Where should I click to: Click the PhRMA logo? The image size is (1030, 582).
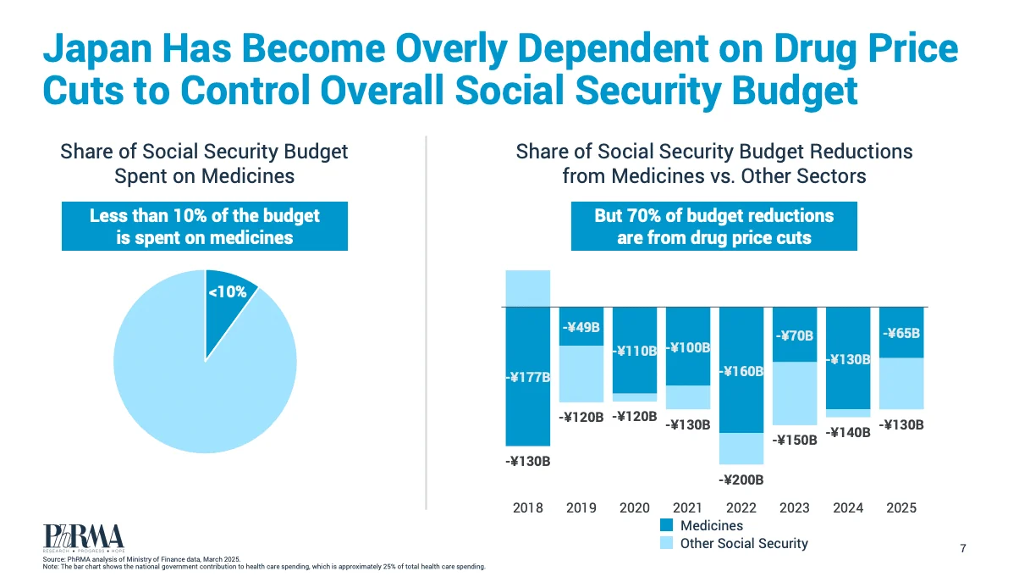[84, 538]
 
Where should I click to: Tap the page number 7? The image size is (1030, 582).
[963, 548]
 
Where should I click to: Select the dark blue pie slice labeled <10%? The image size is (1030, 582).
[227, 304]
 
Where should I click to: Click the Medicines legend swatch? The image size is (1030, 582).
[666, 525]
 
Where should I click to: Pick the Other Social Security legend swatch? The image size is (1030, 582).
[666, 543]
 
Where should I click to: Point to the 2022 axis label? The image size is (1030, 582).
[741, 507]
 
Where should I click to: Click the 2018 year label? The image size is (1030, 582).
[528, 507]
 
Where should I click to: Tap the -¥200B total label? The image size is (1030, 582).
[741, 480]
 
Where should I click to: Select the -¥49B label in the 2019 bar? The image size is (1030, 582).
[581, 327]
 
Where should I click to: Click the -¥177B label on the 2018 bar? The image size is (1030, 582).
[528, 378]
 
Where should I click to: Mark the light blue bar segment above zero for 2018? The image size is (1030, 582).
[528, 288]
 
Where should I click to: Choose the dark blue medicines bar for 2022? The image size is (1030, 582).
[741, 369]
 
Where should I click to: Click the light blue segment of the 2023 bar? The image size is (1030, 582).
[795, 393]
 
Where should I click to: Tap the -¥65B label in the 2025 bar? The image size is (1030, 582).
[901, 333]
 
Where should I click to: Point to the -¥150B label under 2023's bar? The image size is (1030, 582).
[795, 441]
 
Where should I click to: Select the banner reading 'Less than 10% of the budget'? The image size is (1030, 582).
[205, 226]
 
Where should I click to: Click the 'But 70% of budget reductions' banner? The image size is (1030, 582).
[714, 226]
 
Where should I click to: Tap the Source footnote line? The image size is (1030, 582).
[141, 559]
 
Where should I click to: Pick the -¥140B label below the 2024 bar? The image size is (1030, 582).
[848, 433]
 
